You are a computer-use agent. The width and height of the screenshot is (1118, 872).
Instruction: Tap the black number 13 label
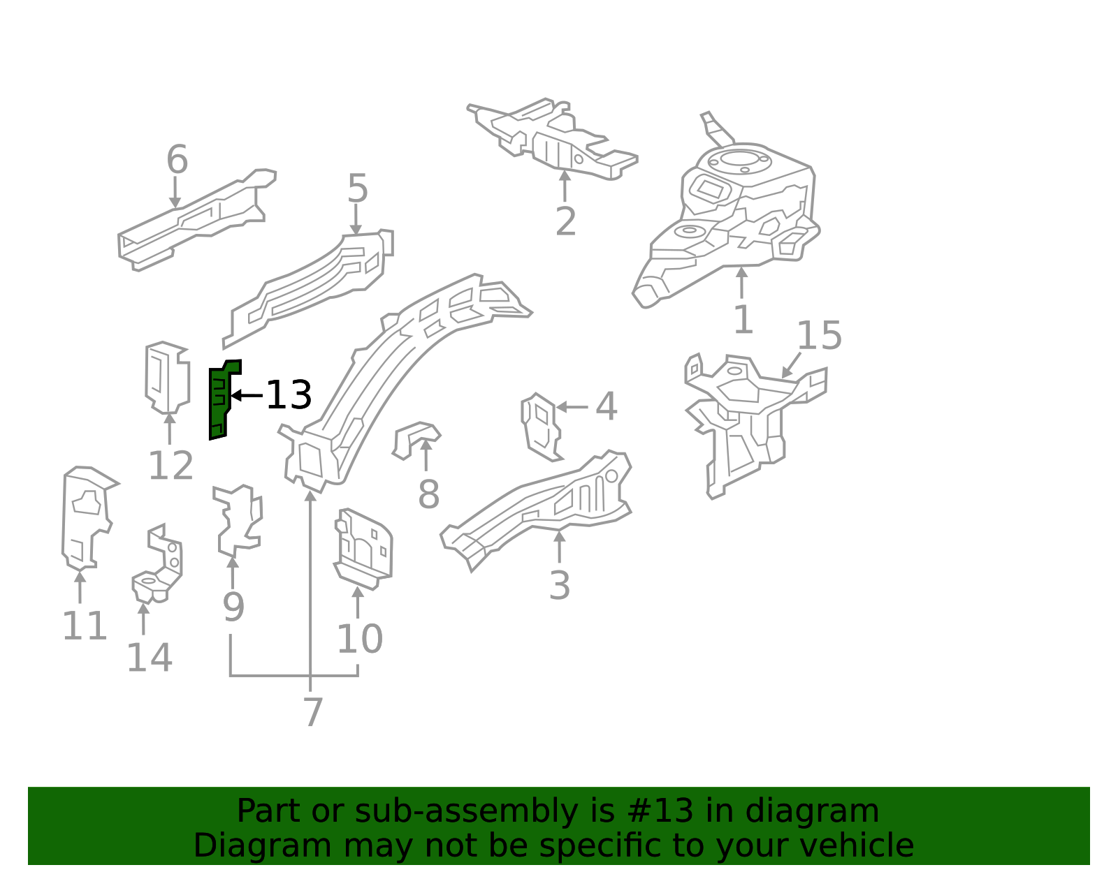(x=289, y=395)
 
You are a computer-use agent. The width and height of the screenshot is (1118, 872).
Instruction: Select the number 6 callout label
(x=177, y=159)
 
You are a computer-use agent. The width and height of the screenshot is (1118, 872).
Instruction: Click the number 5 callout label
(x=358, y=188)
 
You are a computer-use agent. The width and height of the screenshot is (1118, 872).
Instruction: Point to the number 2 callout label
(x=565, y=221)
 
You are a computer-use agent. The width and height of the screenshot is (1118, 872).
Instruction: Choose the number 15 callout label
(x=819, y=335)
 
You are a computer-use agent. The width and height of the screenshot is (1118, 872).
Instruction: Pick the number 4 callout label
(x=606, y=406)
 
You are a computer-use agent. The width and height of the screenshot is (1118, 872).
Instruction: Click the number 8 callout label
(x=428, y=494)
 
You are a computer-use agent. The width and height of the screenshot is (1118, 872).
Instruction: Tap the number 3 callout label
(x=560, y=585)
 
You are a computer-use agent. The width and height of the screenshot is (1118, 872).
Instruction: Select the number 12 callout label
(x=170, y=466)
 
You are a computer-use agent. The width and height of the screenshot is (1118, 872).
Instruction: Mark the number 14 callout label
(x=150, y=657)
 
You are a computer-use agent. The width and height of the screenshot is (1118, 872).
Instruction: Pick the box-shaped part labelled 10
(x=363, y=549)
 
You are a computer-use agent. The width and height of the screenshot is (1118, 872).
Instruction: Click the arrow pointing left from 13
(x=247, y=395)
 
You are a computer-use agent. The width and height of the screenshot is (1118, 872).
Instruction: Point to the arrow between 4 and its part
(x=572, y=407)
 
